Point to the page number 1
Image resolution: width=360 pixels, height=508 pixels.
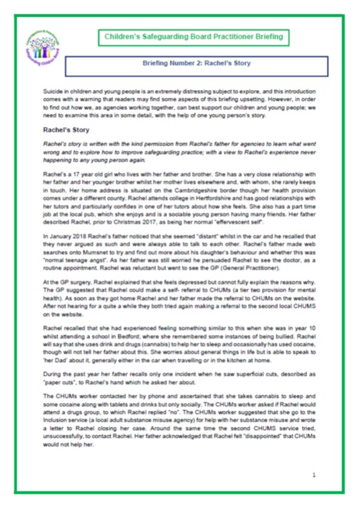click(313, 475)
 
